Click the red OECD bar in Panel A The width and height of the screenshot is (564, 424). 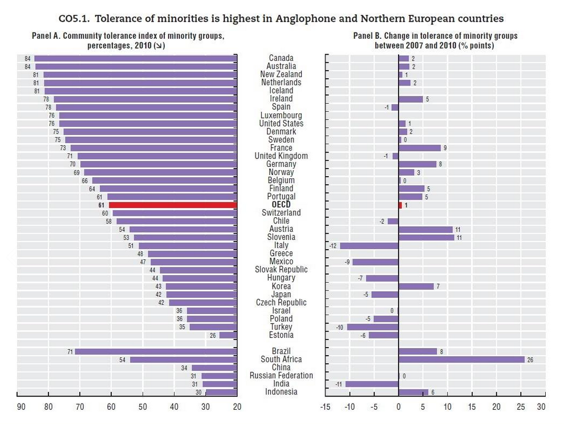173,205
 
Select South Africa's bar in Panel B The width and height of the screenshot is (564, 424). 461,360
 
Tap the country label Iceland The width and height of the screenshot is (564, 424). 281,91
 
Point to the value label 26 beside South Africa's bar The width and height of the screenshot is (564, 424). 530,360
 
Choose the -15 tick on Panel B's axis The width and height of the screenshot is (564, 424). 326,407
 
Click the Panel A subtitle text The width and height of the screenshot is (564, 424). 128,40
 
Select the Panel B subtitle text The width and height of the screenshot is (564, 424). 435,40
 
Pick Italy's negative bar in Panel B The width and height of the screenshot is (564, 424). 369,246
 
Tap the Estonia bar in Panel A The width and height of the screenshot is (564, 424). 228,335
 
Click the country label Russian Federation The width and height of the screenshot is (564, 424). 281,376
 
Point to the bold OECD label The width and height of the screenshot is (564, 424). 281,205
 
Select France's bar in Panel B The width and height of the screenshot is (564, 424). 420,148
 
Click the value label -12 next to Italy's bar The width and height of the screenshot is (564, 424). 333,246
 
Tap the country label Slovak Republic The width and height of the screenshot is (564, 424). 281,270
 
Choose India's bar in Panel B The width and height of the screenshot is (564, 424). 372,384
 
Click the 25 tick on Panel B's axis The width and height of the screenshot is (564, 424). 521,407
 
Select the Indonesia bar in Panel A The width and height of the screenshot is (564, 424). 221,392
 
